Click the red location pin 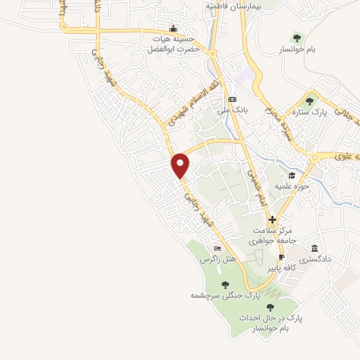tap(181, 165)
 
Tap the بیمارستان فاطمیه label tap(233, 5)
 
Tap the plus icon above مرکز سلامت tap(272, 220)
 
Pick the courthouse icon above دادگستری tap(314, 249)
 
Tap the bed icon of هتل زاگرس tap(217, 249)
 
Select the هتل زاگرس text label tap(218, 259)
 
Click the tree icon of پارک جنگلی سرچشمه tap(225, 284)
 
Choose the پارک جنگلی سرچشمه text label tap(221, 295)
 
